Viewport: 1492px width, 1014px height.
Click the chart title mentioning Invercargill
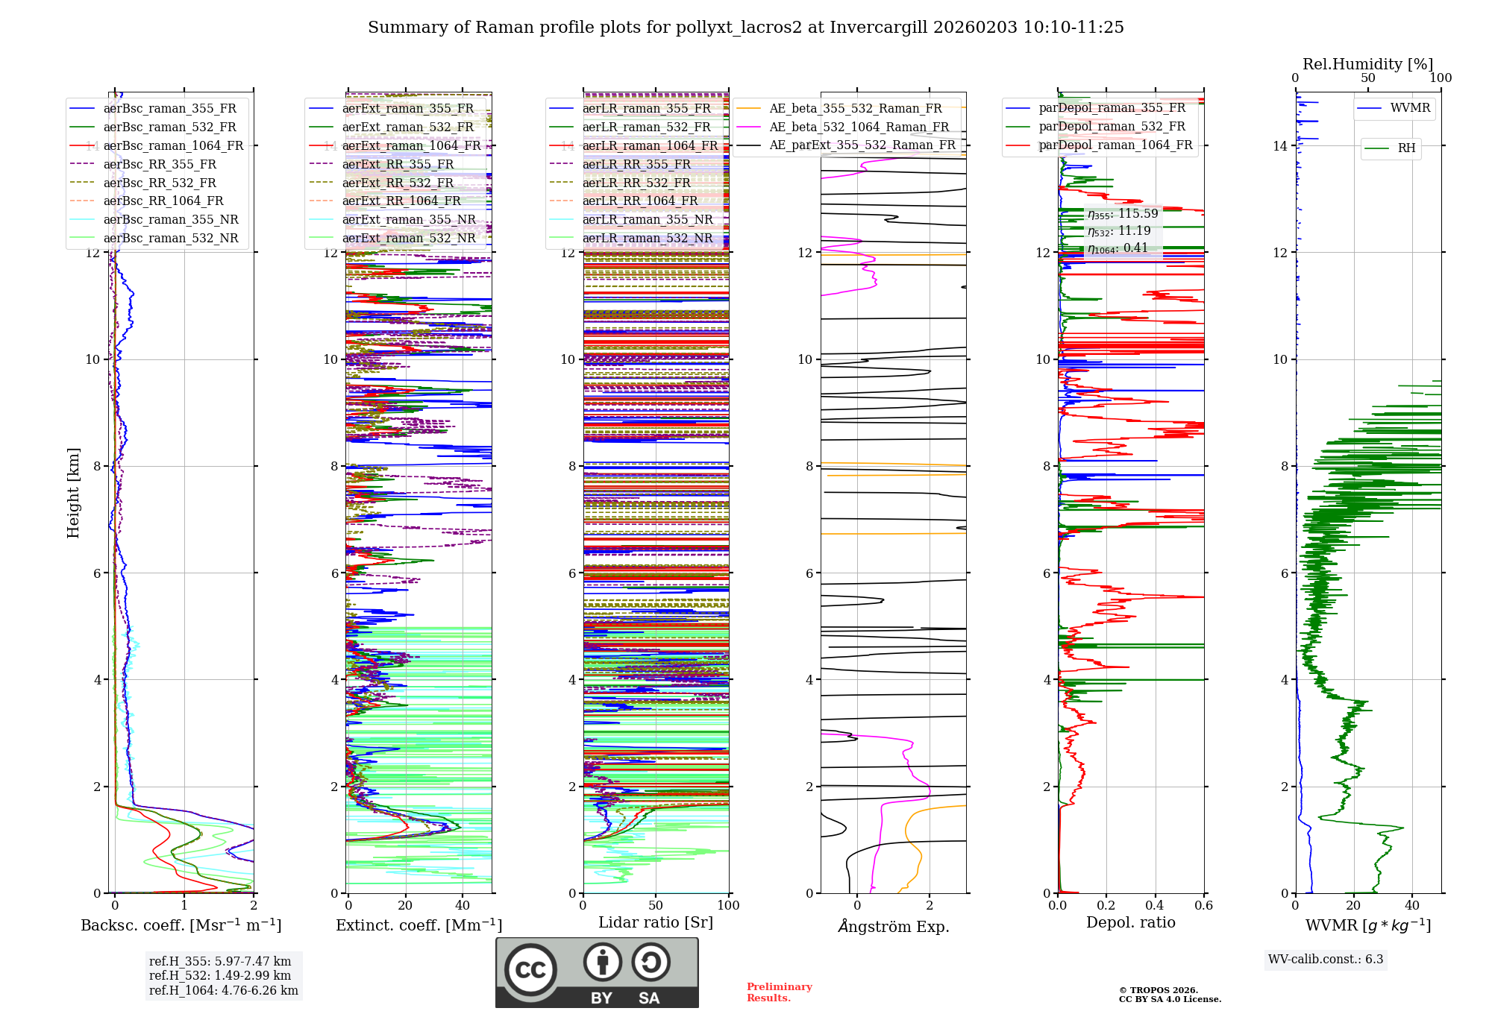coord(745,28)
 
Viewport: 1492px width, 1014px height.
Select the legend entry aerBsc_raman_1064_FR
coord(173,145)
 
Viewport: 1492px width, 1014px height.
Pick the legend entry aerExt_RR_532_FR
coord(398,183)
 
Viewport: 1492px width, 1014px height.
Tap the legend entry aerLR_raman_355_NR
coord(647,219)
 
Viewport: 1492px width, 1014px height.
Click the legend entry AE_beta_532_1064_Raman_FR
coord(859,127)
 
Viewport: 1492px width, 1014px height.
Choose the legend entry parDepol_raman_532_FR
coord(1112,127)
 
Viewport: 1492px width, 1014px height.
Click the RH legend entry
coord(1406,148)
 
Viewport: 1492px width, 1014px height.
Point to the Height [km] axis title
coord(73,492)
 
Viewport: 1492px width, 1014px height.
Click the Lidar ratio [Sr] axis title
coord(656,922)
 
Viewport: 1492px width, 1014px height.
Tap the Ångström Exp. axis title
coord(893,926)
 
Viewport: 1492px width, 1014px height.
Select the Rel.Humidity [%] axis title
coord(1367,64)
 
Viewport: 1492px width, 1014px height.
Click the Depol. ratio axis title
coord(1130,922)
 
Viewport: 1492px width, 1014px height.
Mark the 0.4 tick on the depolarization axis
coord(1155,905)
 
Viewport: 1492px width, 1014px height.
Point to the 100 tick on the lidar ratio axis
coord(728,905)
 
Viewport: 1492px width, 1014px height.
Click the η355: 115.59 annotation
coord(1123,214)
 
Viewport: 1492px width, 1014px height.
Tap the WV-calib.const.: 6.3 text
coord(1326,959)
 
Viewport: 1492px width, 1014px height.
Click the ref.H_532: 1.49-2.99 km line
coord(220,975)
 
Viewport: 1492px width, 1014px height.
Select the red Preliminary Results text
coord(779,992)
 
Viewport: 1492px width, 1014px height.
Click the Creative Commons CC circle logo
coord(530,969)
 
